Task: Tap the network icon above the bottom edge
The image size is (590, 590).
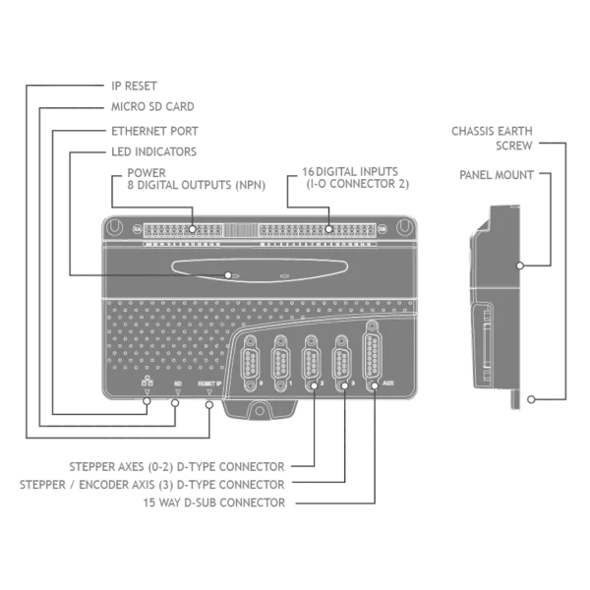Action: click(146, 383)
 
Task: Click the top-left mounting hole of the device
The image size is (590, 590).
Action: click(117, 228)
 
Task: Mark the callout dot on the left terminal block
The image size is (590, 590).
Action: click(192, 229)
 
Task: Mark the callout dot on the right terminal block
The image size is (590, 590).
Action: click(329, 229)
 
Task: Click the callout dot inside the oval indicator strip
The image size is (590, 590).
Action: click(228, 275)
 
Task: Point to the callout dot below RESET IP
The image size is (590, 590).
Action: click(209, 402)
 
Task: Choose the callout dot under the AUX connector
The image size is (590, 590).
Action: click(375, 386)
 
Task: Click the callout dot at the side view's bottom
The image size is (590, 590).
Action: click(531, 399)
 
